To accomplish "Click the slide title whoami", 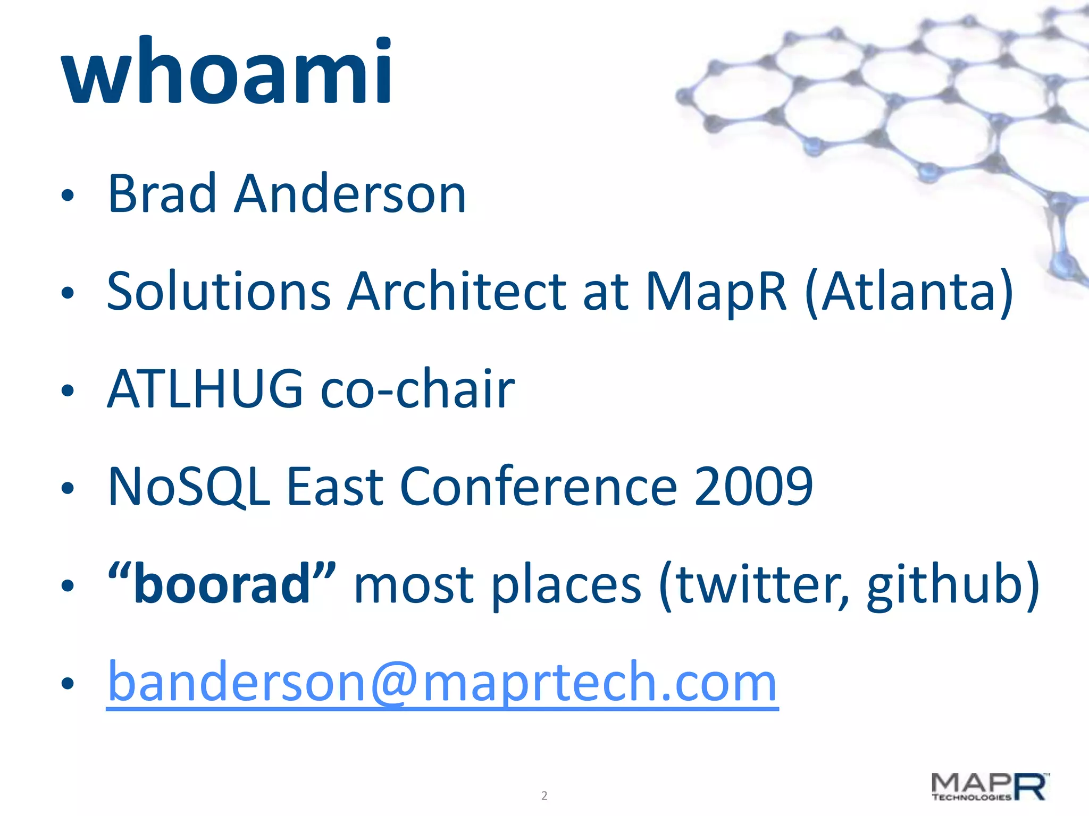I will (228, 72).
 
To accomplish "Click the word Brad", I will (162, 194).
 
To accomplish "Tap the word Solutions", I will (219, 292).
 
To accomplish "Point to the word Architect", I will (457, 292).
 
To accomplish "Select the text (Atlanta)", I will (909, 292).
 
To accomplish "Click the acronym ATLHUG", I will (205, 390).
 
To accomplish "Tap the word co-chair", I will (417, 390).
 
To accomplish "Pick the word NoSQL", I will (189, 487).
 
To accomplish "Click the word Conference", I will (538, 487).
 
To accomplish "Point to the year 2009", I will (753, 487).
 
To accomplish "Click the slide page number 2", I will (544, 796).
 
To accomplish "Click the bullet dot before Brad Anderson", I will (67, 196).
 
